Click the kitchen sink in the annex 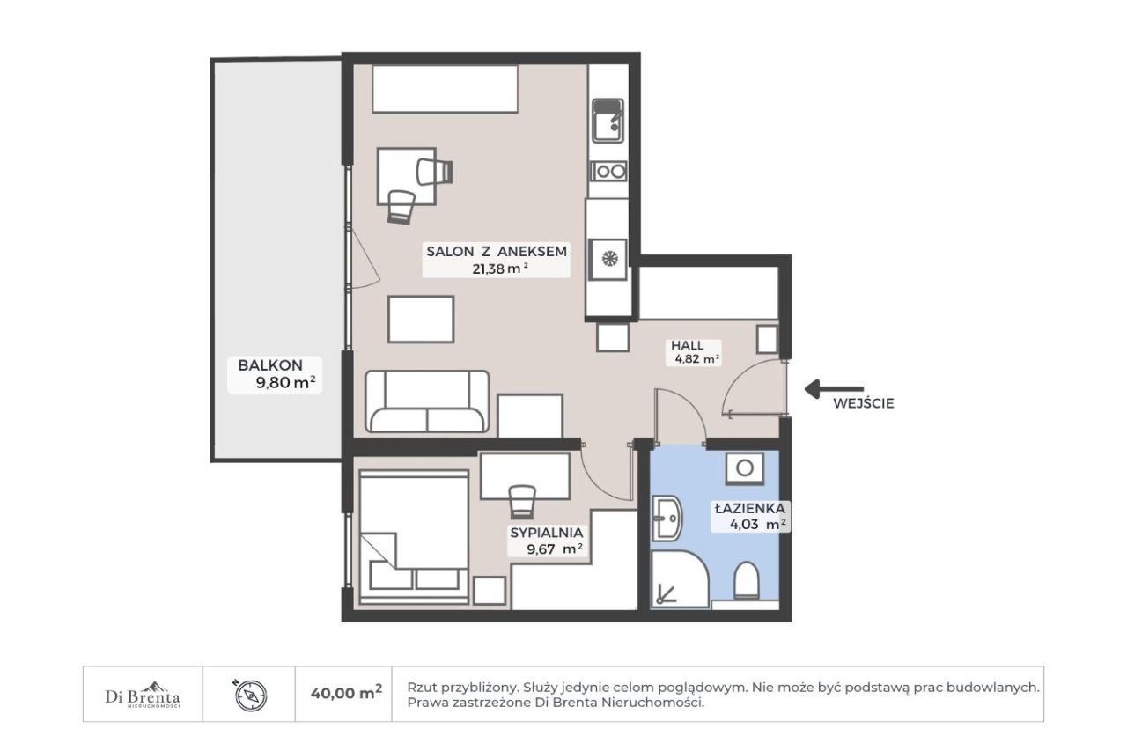(608, 121)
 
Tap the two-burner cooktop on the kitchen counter (608, 172)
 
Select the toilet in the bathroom (746, 580)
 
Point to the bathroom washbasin (667, 519)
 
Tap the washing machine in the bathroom (745, 468)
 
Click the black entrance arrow (834, 389)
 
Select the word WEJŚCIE (864, 403)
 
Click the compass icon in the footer (251, 696)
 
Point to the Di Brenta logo (143, 695)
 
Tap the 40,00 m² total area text (346, 693)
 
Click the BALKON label (270, 365)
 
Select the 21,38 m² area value (500, 269)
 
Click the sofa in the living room (427, 401)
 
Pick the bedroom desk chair (522, 502)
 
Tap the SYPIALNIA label (547, 532)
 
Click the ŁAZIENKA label (750, 509)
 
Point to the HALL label (688, 346)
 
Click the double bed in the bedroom (414, 537)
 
